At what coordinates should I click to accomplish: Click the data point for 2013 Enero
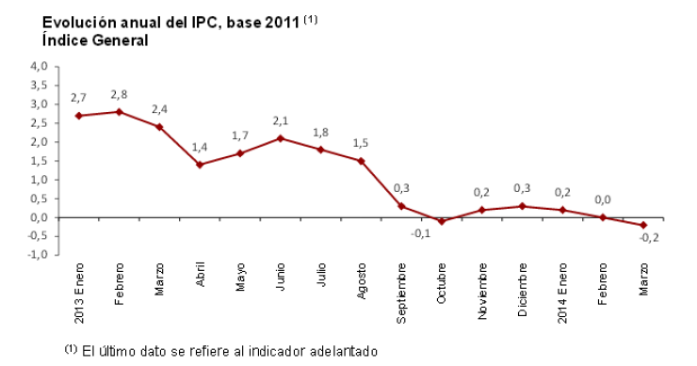pos(78,116)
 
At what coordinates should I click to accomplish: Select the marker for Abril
pos(200,165)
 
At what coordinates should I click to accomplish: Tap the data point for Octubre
pos(441,221)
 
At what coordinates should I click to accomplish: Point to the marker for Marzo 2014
pos(643,225)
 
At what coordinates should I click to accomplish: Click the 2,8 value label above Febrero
pos(120,94)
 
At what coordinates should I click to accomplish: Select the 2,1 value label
pos(281,120)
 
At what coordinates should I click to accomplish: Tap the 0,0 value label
pos(603,199)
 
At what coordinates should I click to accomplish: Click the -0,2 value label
pos(649,238)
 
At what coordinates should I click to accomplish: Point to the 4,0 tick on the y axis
pos(39,67)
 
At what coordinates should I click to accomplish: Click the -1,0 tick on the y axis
pos(37,255)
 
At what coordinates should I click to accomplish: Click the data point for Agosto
pos(361,161)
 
